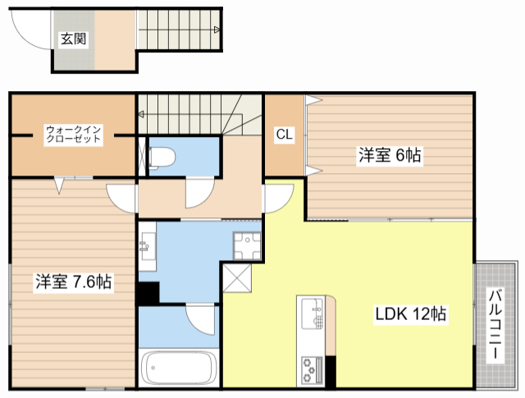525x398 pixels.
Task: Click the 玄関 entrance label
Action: (73, 39)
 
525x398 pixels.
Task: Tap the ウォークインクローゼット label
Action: (73, 135)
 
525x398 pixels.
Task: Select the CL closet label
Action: (285, 135)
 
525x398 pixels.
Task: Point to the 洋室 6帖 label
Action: (390, 155)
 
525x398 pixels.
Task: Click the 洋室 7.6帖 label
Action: (74, 281)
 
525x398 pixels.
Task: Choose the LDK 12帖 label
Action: (410, 314)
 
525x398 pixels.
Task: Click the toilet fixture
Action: (162, 157)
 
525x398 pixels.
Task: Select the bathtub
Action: (178, 368)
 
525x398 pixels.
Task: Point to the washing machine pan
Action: (247, 246)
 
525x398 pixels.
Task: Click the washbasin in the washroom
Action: (147, 246)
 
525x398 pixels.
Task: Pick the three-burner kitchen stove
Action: (312, 371)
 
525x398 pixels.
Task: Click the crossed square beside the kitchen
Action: (237, 278)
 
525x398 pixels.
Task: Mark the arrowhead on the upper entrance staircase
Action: (217, 30)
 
